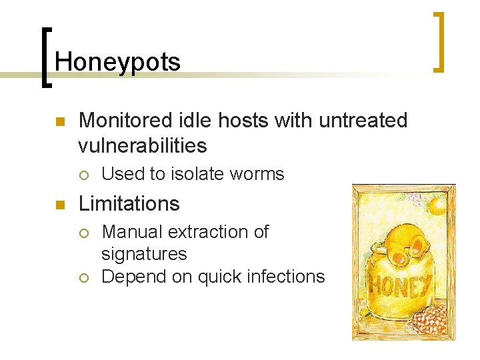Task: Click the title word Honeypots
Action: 117,62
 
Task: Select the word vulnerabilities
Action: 143,145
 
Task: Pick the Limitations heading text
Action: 129,203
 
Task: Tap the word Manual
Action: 132,232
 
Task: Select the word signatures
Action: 144,254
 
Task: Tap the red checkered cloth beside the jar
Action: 429,319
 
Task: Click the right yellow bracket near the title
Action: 439,41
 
